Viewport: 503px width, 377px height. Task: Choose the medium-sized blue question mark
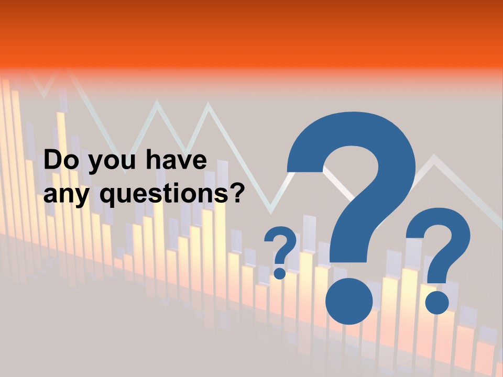[439, 251]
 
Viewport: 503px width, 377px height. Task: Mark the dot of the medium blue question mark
[437, 302]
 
